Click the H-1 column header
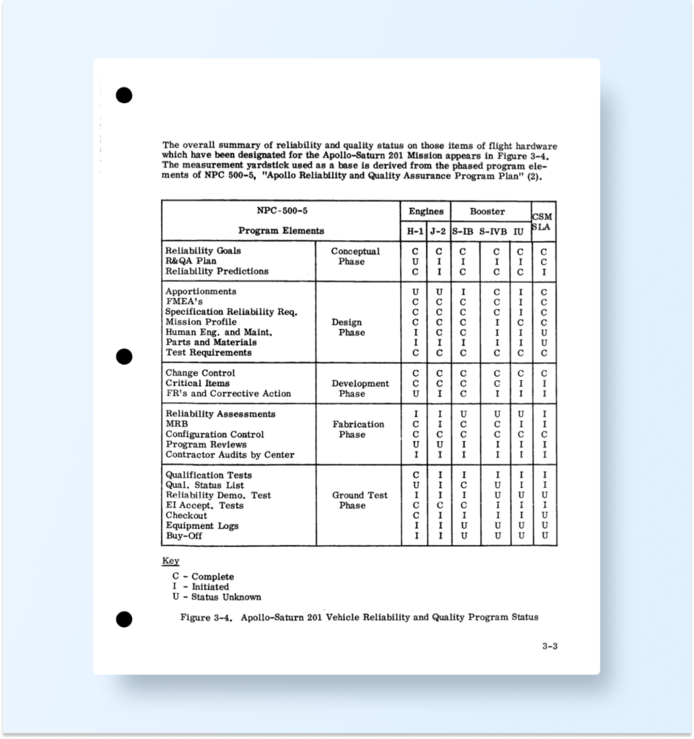[415, 231]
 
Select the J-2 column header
[438, 231]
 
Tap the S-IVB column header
[494, 231]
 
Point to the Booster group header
[487, 211]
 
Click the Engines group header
[426, 211]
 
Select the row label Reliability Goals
[203, 251]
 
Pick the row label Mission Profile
[201, 322]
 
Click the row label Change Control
[200, 373]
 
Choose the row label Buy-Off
[183, 536]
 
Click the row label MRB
[176, 424]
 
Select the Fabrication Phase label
[357, 429]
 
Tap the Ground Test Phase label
[359, 500]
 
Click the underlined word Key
[170, 561]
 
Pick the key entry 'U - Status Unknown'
[217, 597]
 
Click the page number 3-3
[550, 646]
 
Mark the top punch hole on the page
[124, 95]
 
